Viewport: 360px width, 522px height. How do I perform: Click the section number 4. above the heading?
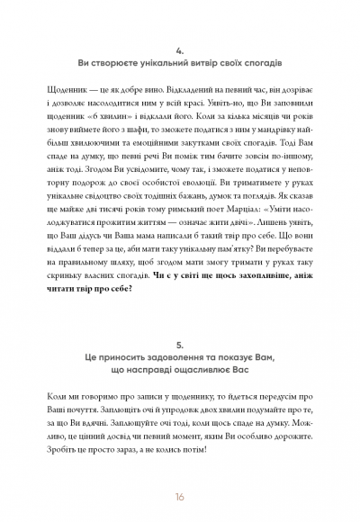(180, 50)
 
